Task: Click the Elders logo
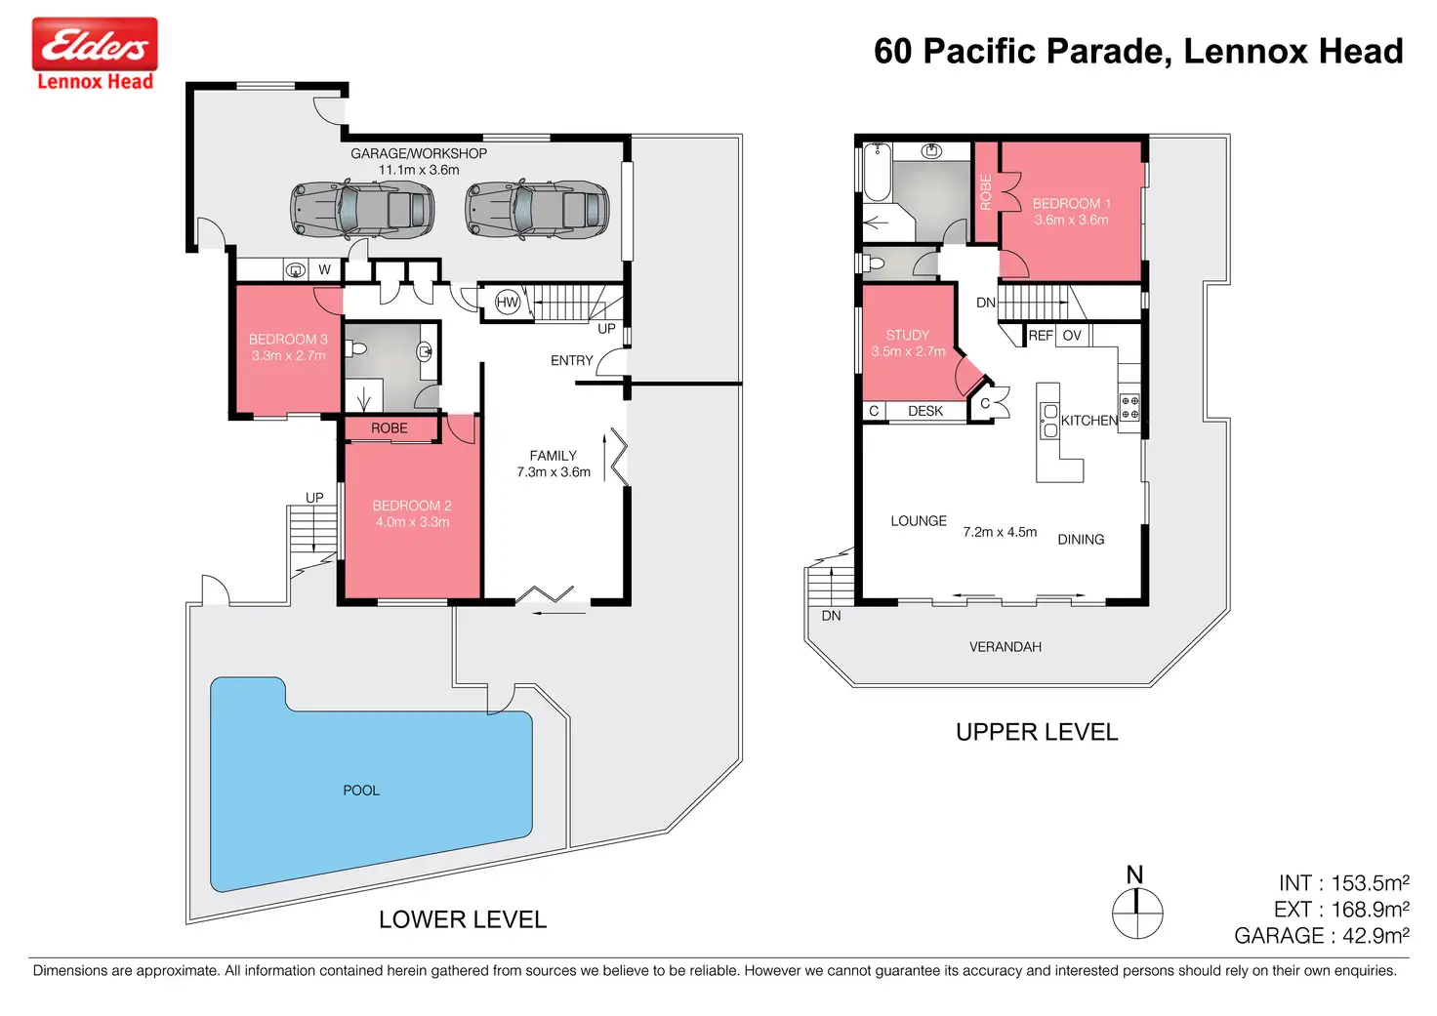click(95, 54)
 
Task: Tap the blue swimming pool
click(371, 784)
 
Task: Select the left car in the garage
click(362, 209)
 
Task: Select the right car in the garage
click(537, 209)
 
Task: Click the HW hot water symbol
click(507, 303)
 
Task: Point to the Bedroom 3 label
click(288, 340)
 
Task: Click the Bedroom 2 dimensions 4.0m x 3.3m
click(412, 522)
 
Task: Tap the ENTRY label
click(572, 360)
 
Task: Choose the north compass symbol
click(1136, 903)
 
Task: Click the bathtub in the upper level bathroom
click(877, 172)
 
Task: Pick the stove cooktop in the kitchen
click(1129, 407)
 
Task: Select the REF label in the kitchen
click(1041, 336)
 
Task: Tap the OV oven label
click(1072, 336)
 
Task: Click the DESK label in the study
click(925, 411)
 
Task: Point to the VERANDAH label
click(1006, 647)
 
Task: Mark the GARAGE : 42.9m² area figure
click(1322, 936)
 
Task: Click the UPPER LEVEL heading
click(1037, 732)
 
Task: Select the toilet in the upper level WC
click(874, 263)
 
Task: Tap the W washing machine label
click(325, 270)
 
